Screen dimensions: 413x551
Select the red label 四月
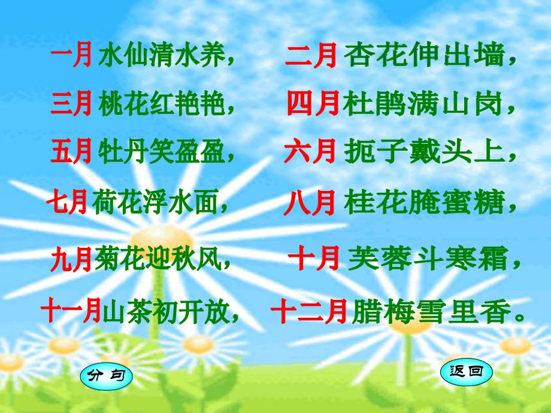[313, 105]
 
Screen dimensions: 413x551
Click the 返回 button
[466, 372]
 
